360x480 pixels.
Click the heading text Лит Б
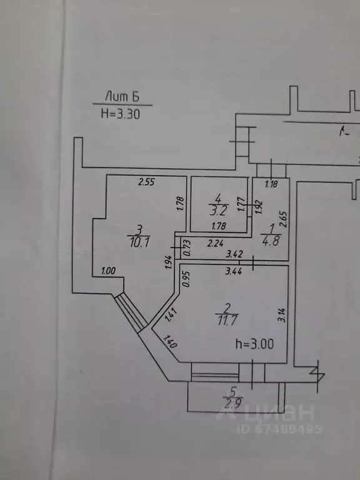pyautogui.click(x=122, y=96)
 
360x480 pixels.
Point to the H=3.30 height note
pyautogui.click(x=120, y=114)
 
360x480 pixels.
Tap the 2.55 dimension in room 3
pyautogui.click(x=147, y=182)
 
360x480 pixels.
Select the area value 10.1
pyautogui.click(x=139, y=243)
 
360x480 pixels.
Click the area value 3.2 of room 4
pyautogui.click(x=219, y=211)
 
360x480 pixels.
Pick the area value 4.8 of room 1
pyautogui.click(x=271, y=241)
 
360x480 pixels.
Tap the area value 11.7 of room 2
pyautogui.click(x=227, y=320)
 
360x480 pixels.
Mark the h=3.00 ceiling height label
pyautogui.click(x=255, y=344)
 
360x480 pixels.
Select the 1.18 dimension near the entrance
pyautogui.click(x=271, y=184)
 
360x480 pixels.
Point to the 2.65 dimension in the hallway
pyautogui.click(x=284, y=219)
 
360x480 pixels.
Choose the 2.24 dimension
pyautogui.click(x=216, y=244)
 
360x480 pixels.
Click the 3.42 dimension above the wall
pyautogui.click(x=234, y=254)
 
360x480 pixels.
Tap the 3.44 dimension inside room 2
pyautogui.click(x=234, y=271)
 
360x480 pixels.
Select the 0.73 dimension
pyautogui.click(x=187, y=247)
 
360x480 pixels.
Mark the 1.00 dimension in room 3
pyautogui.click(x=108, y=271)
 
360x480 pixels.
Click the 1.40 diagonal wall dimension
pyautogui.click(x=169, y=342)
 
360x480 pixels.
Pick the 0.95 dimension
pyautogui.click(x=186, y=279)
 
